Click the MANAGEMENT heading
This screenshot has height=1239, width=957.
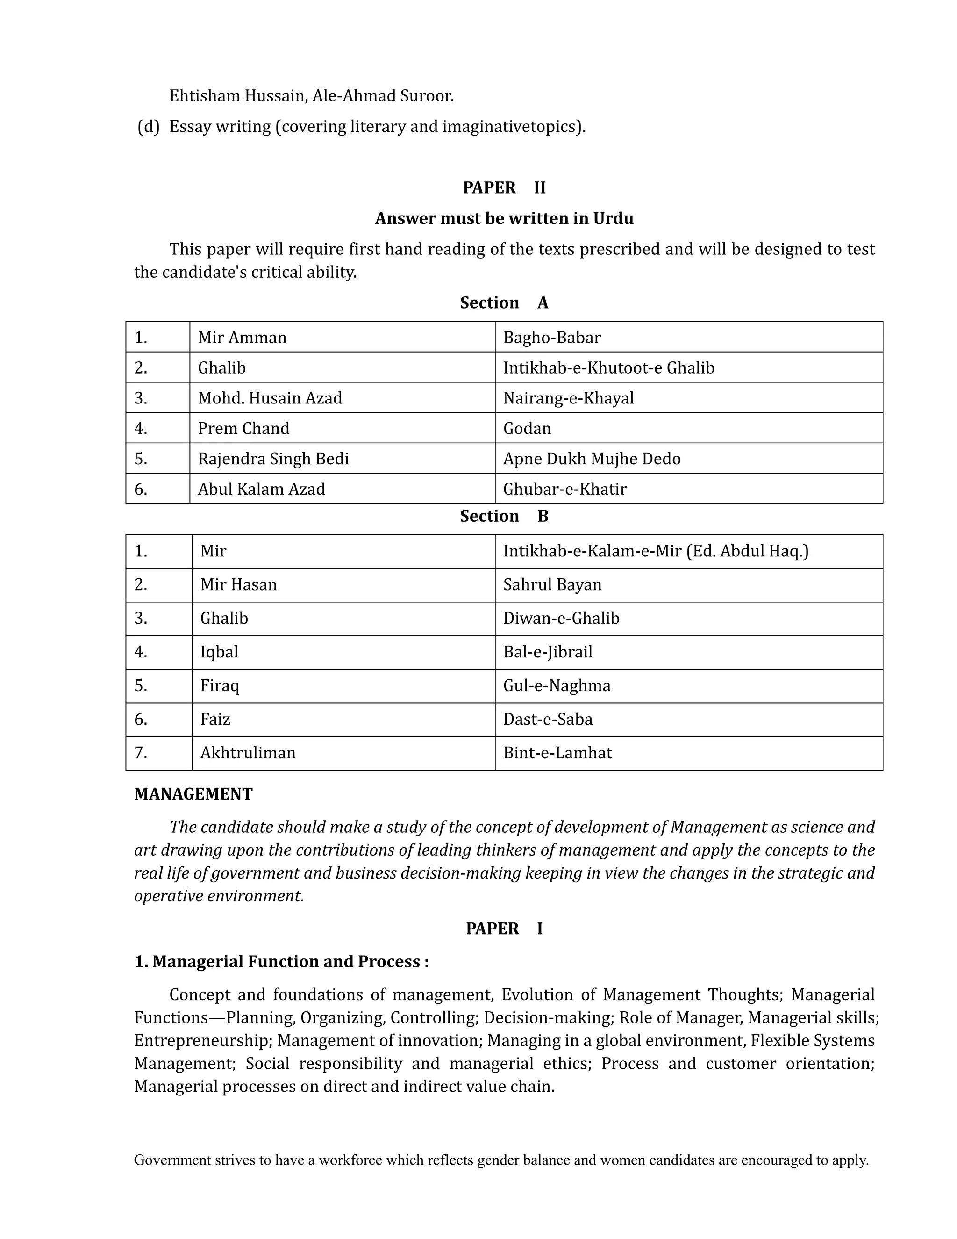click(193, 794)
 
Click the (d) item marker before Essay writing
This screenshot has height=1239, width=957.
click(149, 127)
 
